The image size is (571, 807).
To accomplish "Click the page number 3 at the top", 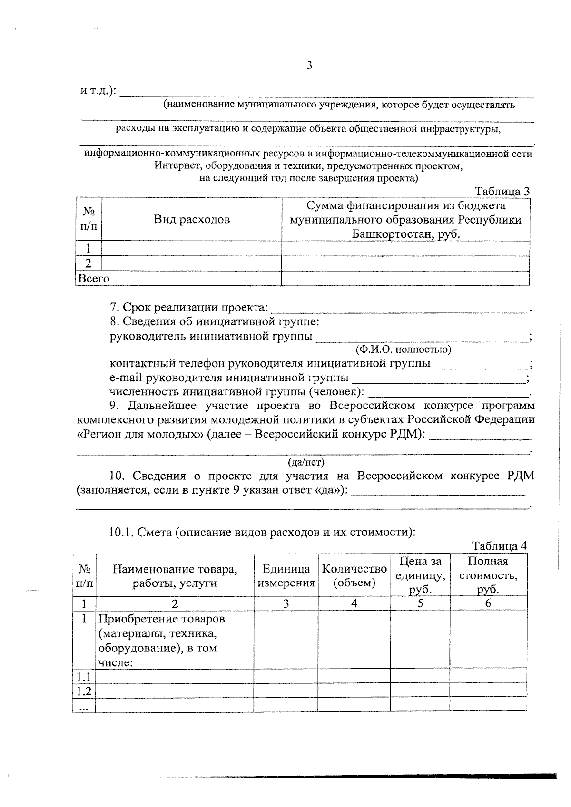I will (309, 66).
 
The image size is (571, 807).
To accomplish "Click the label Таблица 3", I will (502, 191).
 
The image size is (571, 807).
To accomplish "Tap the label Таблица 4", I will (500, 545).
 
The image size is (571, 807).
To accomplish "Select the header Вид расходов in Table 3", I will (191, 219).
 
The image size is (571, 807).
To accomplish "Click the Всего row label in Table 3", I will (94, 279).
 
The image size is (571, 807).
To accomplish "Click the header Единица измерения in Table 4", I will (286, 576).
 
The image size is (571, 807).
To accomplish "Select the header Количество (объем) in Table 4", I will (354, 576).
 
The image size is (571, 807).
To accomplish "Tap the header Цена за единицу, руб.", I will (420, 576).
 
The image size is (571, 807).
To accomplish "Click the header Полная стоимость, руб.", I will (488, 576).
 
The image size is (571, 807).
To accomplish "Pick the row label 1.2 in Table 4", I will (84, 691).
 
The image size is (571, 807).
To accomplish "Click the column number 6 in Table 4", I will (488, 603).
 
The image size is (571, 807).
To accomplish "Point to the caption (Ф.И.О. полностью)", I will (403, 350).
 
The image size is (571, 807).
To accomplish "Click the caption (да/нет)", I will (306, 462).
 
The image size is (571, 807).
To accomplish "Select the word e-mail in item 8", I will (125, 378).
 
